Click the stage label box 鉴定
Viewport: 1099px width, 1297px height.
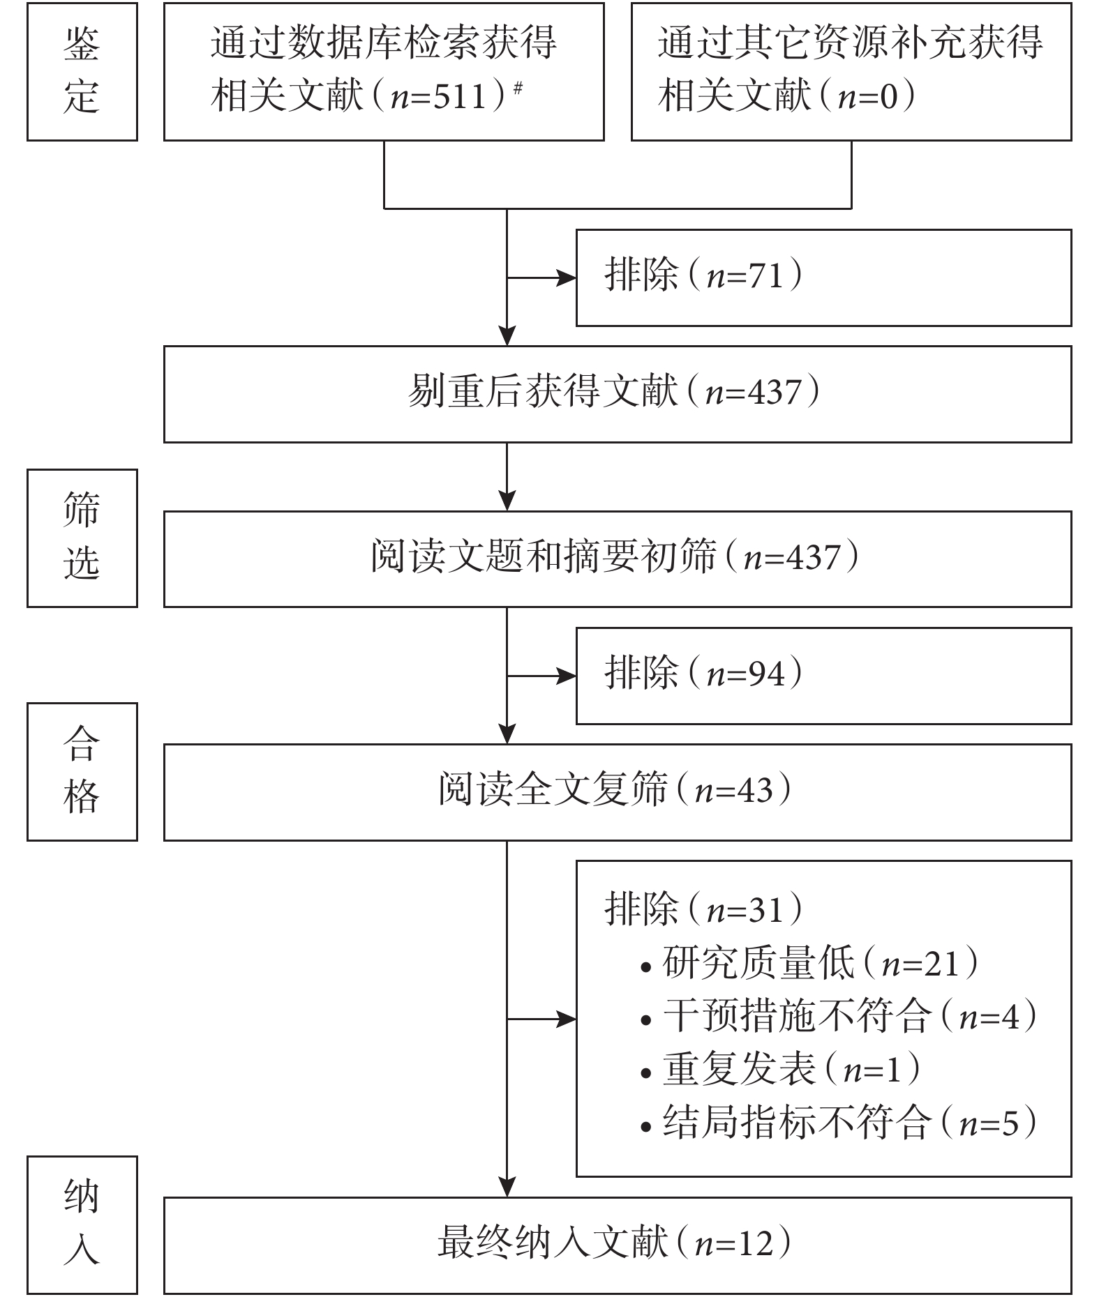(82, 72)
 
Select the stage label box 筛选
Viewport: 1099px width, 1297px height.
(82, 538)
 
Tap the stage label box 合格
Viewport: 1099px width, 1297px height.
(82, 771)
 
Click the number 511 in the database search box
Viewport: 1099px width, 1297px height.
(459, 96)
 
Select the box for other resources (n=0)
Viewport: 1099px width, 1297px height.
(851, 72)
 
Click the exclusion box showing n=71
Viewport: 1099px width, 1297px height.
(823, 278)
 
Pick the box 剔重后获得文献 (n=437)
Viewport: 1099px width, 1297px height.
(618, 394)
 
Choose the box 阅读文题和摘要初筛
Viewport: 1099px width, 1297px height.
(618, 559)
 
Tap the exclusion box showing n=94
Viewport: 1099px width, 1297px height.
(823, 676)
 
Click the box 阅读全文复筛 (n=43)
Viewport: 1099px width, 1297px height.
(618, 792)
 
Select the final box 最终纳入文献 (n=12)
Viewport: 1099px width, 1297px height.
(618, 1246)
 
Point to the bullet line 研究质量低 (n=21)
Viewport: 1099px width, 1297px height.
(809, 963)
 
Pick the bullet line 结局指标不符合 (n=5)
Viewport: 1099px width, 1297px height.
(839, 1123)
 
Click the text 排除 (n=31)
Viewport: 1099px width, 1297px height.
(703, 909)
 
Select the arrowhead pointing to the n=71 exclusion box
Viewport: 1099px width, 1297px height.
(567, 278)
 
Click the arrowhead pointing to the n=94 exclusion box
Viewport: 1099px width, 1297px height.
(567, 676)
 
